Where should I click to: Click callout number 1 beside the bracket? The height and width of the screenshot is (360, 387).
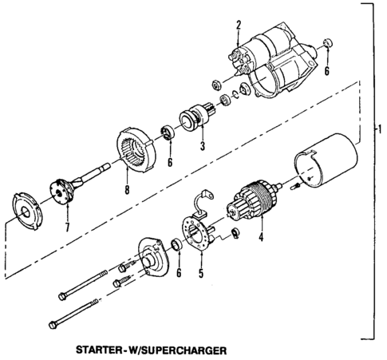(380, 128)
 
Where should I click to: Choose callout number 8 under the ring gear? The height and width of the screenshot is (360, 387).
(127, 191)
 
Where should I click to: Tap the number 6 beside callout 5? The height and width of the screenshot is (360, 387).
(179, 273)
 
